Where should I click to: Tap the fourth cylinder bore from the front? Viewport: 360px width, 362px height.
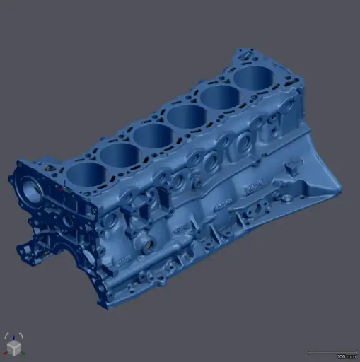185,115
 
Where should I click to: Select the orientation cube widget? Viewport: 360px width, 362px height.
13,346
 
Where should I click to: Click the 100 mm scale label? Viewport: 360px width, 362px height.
347,356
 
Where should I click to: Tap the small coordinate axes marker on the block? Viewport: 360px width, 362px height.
64,189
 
